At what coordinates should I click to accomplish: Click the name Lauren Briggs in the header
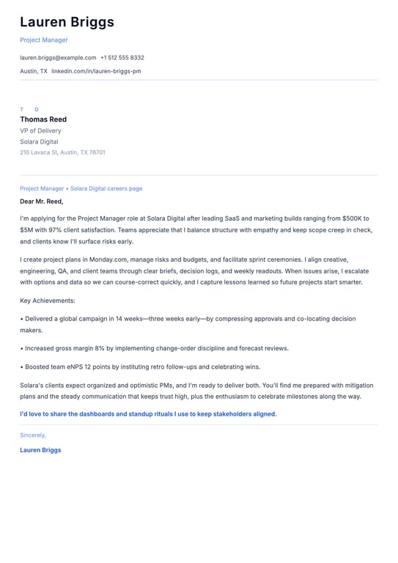67,22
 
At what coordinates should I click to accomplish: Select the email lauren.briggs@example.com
58,57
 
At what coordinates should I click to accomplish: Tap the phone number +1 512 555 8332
122,57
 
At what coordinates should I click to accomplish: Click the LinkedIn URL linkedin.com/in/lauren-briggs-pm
96,71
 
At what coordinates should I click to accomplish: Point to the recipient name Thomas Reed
43,119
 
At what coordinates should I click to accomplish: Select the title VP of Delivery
40,130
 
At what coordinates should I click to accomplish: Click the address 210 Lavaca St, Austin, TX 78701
62,152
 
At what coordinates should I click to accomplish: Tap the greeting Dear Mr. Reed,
42,201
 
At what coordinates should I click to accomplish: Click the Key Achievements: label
48,301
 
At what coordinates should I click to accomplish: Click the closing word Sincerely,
33,435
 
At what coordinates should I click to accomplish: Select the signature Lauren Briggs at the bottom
40,450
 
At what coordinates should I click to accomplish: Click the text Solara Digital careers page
106,188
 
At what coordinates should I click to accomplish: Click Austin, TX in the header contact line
34,71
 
